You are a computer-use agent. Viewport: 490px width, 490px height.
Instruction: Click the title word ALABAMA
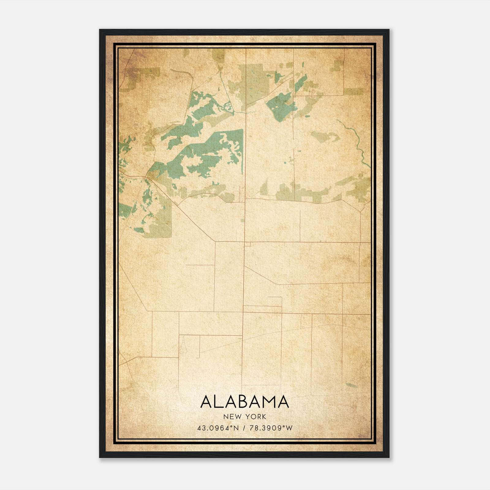pos(245,402)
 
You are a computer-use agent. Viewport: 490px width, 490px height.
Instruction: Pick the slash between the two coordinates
pos(243,428)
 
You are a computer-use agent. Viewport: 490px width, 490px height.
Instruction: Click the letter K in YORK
pos(264,417)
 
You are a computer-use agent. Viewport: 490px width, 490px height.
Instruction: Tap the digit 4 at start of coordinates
pos(199,428)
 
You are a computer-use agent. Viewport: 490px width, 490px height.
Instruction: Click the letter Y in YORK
pos(247,417)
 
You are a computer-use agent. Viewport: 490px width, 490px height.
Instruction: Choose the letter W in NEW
pos(238,417)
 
